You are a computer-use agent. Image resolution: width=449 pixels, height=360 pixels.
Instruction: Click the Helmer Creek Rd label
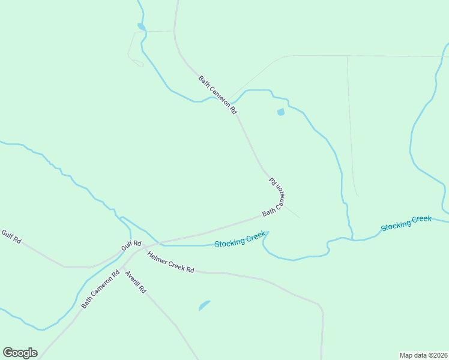[170, 262]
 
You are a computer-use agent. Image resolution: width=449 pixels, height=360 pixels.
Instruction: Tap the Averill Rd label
[135, 281]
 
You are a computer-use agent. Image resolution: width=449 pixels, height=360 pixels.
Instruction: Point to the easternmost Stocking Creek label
[406, 223]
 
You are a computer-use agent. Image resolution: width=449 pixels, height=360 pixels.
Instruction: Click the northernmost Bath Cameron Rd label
[218, 95]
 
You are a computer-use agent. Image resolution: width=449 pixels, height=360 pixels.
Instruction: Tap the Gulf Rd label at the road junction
[131, 245]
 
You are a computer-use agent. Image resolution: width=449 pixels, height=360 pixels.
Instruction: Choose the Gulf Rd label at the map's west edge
[11, 236]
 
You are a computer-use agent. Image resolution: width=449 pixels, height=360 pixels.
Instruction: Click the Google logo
[20, 353]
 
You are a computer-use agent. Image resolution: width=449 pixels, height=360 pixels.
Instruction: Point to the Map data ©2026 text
[423, 355]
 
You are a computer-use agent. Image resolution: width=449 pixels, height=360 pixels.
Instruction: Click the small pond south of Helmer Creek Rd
[204, 305]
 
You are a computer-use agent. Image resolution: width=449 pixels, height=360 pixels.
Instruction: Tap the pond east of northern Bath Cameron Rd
[280, 112]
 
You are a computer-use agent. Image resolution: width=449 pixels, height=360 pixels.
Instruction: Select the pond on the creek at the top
[141, 26]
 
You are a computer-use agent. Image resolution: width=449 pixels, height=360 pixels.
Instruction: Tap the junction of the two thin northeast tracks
[348, 56]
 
